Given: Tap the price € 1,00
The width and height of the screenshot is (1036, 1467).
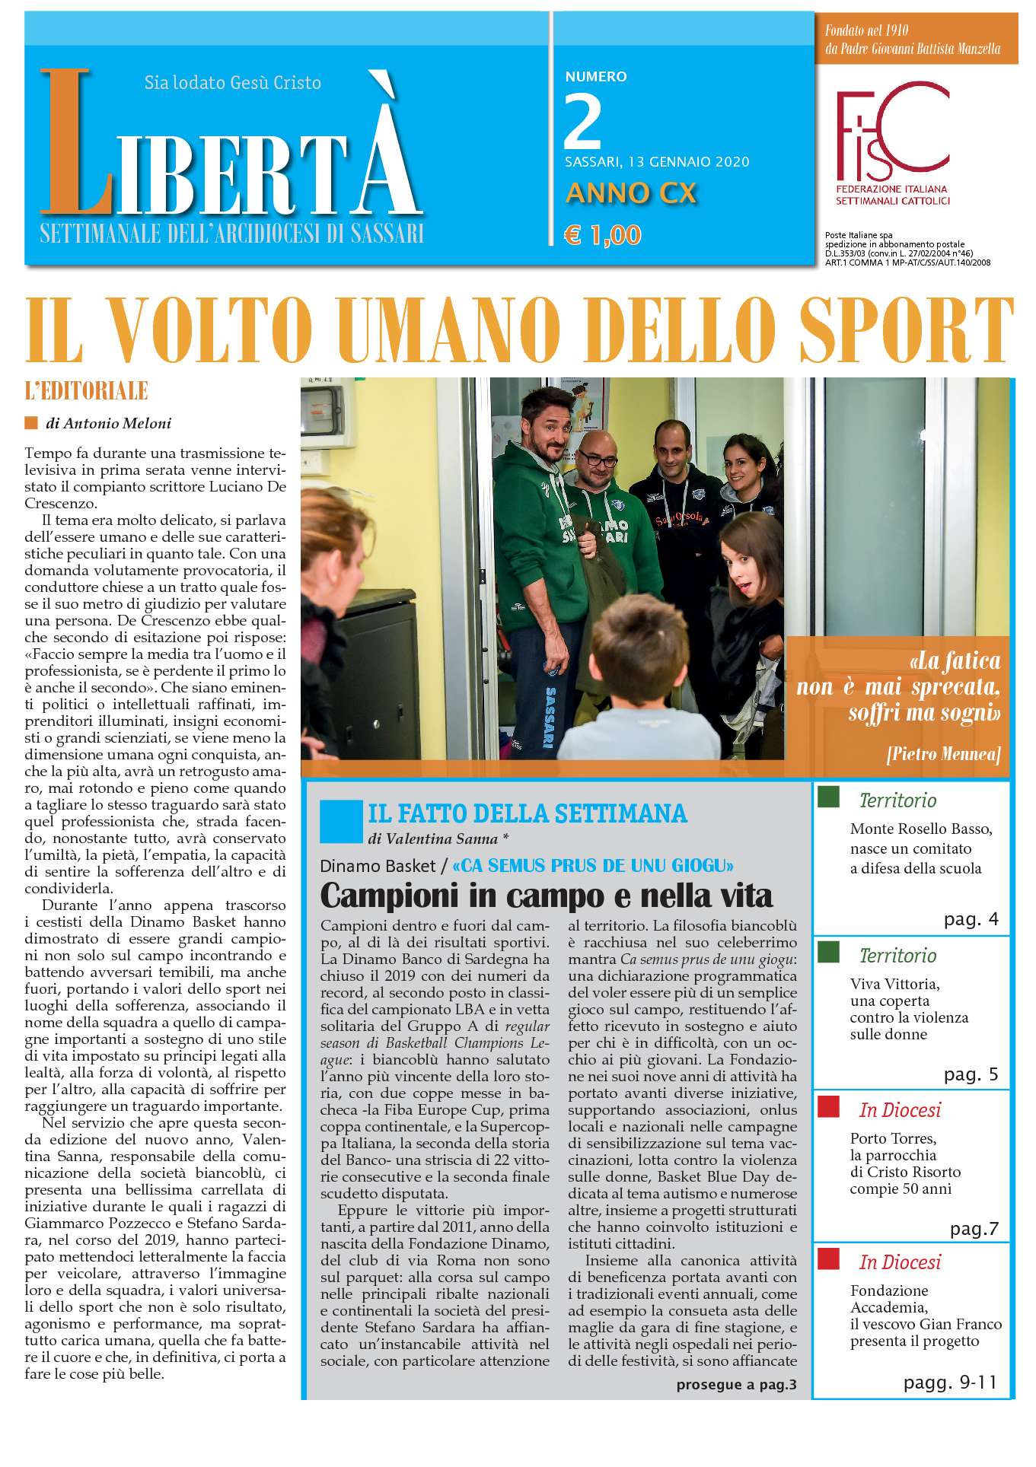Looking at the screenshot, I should [x=602, y=235].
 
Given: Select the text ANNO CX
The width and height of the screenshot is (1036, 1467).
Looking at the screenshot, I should [x=631, y=193].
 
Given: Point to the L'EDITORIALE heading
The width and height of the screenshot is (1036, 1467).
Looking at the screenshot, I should [x=86, y=391].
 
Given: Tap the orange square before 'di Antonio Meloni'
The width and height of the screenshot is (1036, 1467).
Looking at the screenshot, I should [x=31, y=423].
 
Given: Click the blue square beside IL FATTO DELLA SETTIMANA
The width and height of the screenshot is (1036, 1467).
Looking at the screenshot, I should [x=336, y=821].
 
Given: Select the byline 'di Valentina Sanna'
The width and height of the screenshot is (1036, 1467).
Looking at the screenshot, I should [x=437, y=839].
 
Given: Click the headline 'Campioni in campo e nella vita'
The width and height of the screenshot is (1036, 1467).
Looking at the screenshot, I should [x=546, y=896].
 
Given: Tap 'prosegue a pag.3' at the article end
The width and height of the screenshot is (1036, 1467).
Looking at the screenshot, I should [x=735, y=1384].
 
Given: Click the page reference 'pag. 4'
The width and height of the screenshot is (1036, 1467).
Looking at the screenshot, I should [x=971, y=919].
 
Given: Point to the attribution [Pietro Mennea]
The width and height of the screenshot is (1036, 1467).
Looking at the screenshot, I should [x=942, y=754].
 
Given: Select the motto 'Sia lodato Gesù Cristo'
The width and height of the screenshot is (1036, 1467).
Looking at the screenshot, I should [x=232, y=82].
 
